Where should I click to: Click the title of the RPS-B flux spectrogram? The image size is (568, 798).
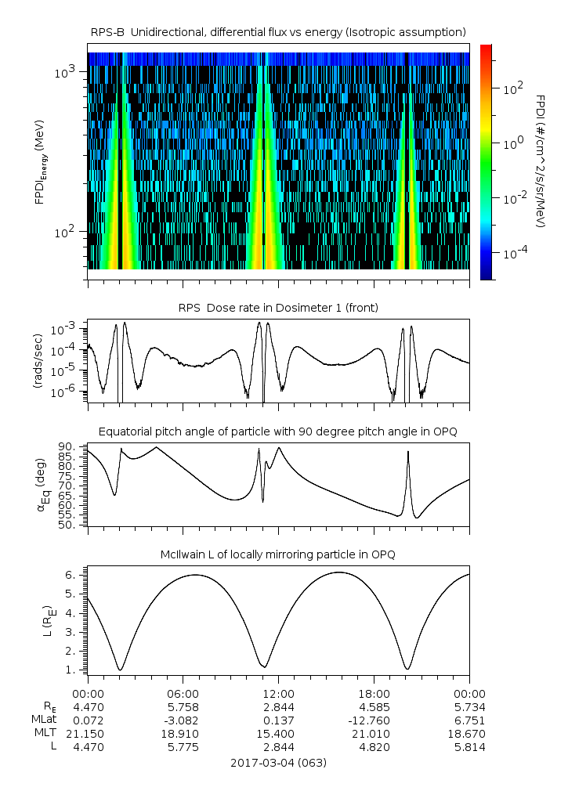278,31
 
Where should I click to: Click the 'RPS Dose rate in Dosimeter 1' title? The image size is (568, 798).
278,308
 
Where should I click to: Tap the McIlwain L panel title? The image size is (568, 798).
278,554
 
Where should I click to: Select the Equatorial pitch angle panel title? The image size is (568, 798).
278,431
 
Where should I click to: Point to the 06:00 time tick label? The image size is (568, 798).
183,693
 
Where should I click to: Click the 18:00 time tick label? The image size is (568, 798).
374,693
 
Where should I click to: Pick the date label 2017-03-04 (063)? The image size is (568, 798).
278,762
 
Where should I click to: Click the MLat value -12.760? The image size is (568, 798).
374,720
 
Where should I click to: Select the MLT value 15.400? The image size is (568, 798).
278,734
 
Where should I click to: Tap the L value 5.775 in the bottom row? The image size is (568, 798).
183,747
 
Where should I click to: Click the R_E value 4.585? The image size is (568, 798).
374,706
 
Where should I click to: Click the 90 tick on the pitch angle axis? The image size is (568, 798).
67,447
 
